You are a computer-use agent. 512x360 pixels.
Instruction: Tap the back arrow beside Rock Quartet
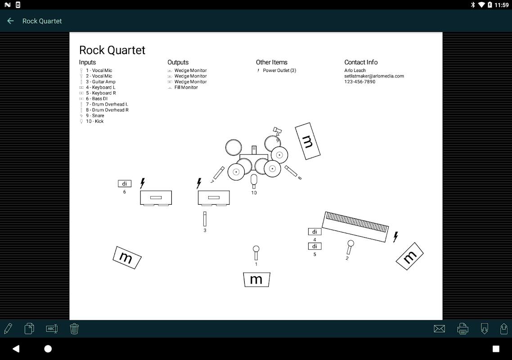point(10,21)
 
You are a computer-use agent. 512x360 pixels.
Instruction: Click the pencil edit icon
point(8,328)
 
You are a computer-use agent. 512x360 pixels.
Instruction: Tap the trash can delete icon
point(75,328)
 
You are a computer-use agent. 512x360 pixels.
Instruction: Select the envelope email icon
point(439,329)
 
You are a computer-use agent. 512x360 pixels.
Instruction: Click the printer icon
point(463,329)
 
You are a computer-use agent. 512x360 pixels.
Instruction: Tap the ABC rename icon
point(52,328)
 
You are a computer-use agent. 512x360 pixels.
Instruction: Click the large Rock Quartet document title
point(112,50)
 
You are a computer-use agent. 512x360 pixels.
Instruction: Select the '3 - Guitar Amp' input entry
point(101,82)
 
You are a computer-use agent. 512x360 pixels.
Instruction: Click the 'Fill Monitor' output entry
point(186,87)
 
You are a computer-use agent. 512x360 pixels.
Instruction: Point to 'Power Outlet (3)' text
point(279,71)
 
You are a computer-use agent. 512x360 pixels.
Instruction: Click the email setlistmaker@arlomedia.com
point(374,76)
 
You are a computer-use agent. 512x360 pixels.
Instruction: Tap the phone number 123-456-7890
point(360,82)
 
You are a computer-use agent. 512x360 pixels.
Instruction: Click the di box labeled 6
point(125,184)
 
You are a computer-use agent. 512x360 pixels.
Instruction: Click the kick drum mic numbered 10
point(254,180)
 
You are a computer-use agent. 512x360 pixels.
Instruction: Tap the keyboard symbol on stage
point(355,227)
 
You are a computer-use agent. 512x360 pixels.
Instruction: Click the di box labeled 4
point(314,232)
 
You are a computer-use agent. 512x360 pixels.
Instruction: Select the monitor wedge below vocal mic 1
point(256,279)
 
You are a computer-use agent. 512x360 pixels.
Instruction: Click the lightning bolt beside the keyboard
point(396,237)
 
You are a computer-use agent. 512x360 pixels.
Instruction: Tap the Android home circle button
point(48,349)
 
